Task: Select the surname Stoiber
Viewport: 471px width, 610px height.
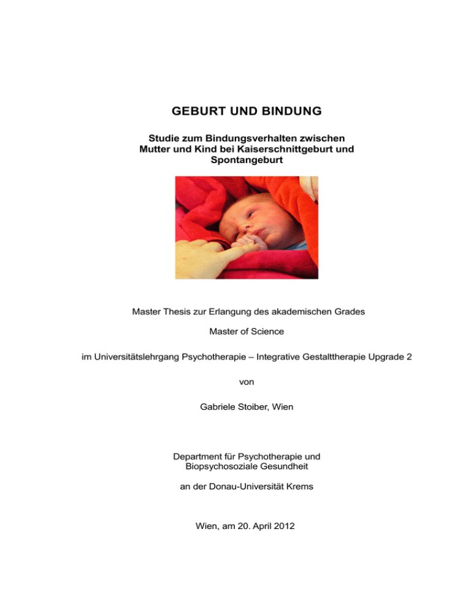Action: (258, 406)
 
